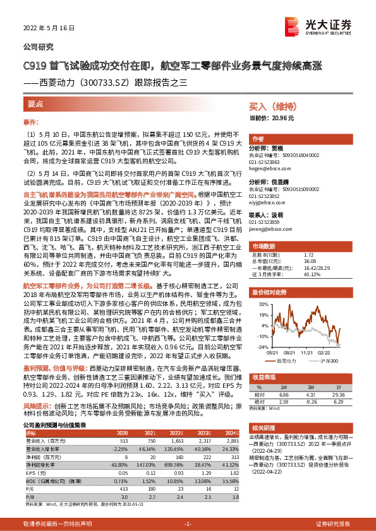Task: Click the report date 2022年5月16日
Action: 49,28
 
